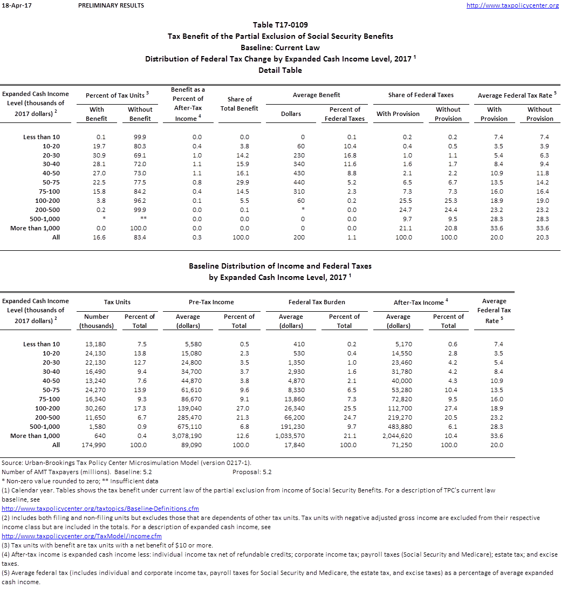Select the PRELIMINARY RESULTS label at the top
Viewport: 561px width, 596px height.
point(111,5)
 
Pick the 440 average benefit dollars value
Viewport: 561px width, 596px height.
point(299,182)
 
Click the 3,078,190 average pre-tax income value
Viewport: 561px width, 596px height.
point(188,436)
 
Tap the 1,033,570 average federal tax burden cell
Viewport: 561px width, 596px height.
point(290,436)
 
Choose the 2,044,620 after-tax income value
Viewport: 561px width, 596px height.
point(398,436)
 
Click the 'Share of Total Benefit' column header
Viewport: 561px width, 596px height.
point(240,104)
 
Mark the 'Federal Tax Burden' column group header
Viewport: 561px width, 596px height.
point(317,302)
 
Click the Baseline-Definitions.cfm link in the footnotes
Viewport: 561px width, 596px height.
point(100,509)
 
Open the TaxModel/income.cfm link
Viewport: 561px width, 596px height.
point(81,536)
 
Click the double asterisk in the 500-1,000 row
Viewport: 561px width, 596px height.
point(140,219)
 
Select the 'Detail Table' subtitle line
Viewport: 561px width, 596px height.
point(280,70)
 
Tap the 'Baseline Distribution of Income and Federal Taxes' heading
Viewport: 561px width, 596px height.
point(280,266)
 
